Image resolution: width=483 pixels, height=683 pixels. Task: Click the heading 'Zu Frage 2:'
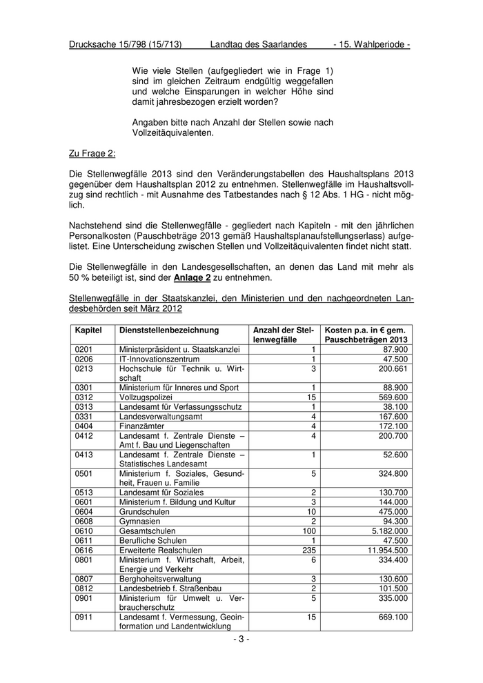(x=92, y=152)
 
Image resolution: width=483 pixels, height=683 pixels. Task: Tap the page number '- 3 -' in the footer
(x=241, y=640)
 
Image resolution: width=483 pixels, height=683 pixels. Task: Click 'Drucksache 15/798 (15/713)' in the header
(x=126, y=44)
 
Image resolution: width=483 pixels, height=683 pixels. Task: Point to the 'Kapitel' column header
(x=88, y=330)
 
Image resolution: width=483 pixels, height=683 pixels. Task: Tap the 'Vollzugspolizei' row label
(x=146, y=397)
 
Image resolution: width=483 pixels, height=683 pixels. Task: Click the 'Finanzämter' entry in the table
(x=142, y=426)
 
